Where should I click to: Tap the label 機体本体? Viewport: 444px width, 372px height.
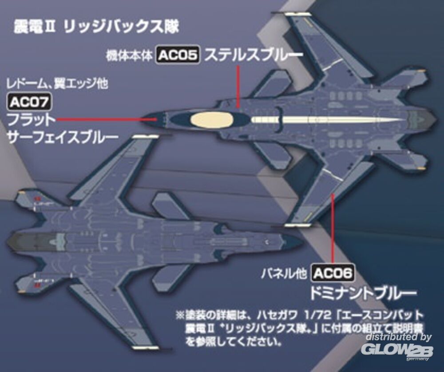click(x=130, y=56)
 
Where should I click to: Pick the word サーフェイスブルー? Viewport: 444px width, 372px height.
click(x=63, y=137)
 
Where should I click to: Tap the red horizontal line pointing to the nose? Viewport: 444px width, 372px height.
click(x=107, y=119)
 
